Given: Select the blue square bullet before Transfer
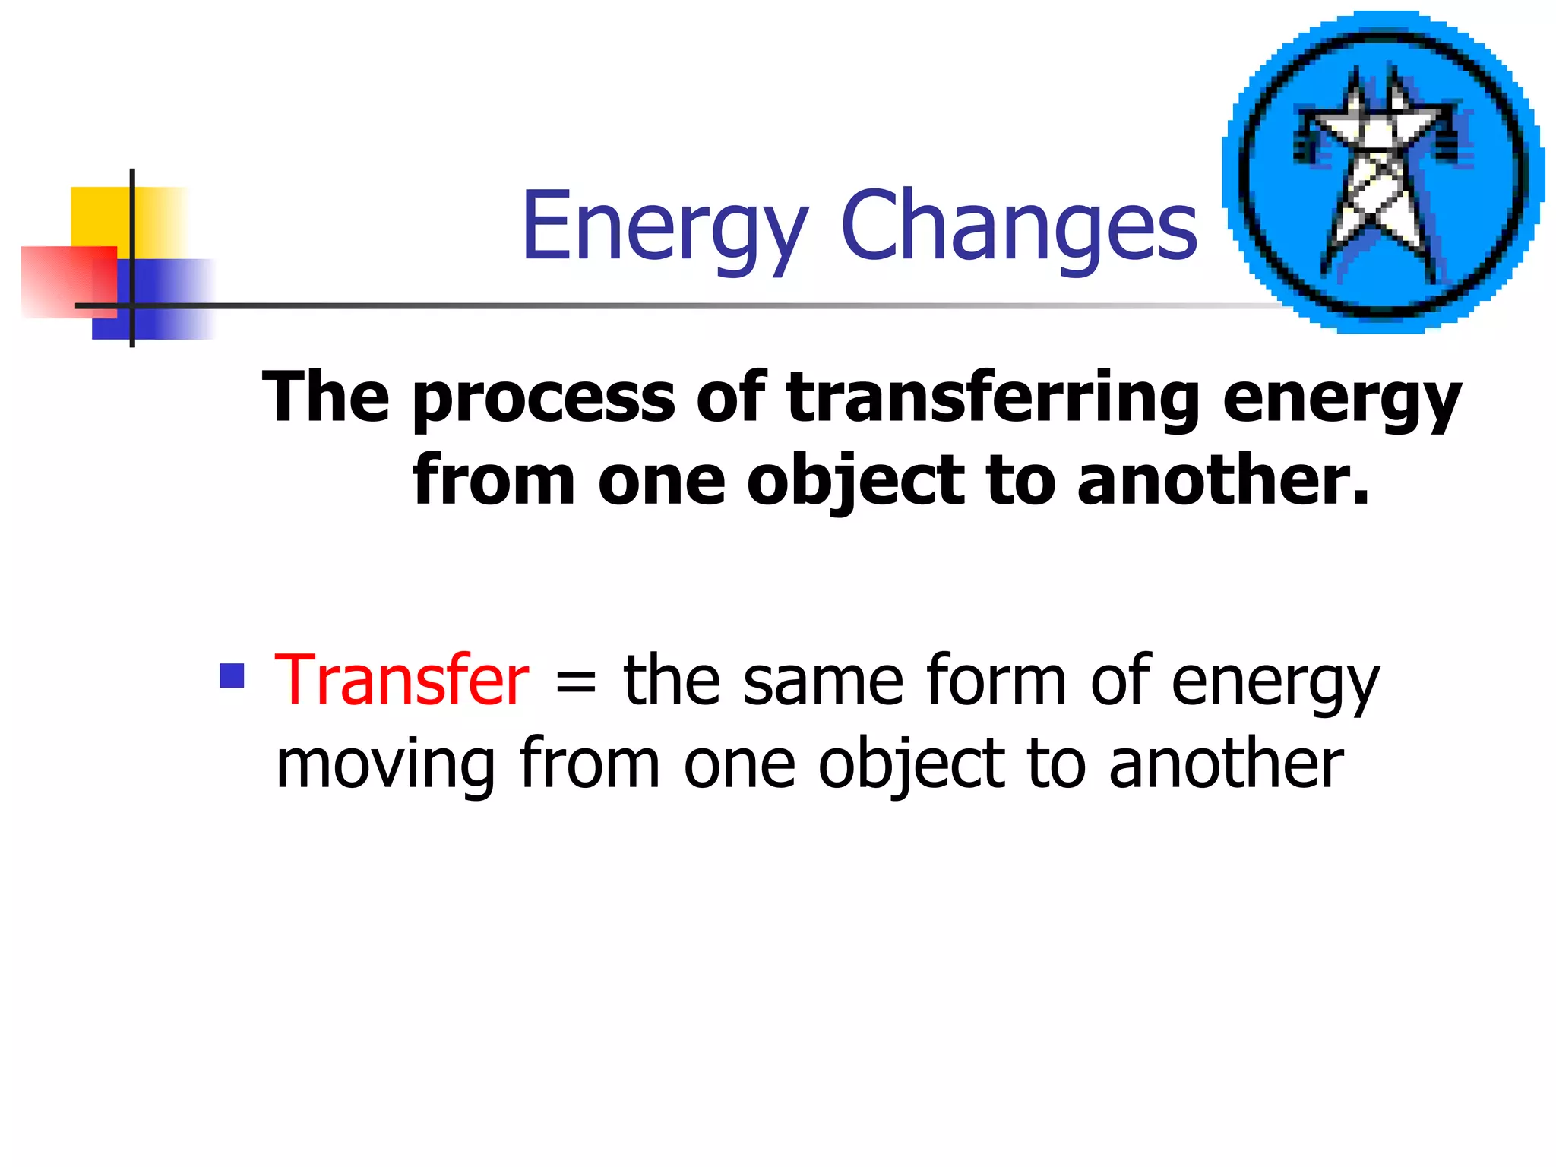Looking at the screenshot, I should pos(232,675).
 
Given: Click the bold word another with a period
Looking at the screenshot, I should pos(1223,480).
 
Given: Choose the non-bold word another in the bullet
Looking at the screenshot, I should pos(1226,764).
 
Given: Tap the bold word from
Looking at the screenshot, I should pos(494,480).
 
